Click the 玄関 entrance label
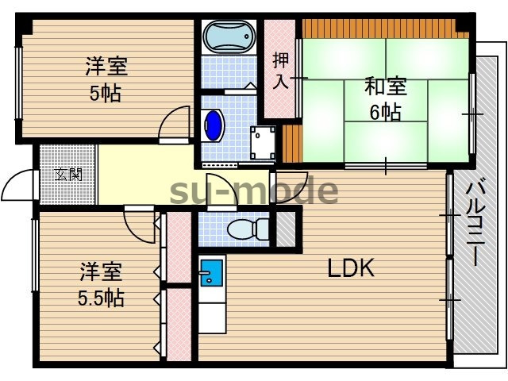pos(67,174)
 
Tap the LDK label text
pos(351,269)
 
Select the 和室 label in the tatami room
pos(385,84)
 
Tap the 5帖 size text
pos(106,93)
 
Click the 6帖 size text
pos(385,112)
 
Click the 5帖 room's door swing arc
pos(173,123)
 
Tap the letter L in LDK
pos(334,269)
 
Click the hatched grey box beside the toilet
pos(285,229)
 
